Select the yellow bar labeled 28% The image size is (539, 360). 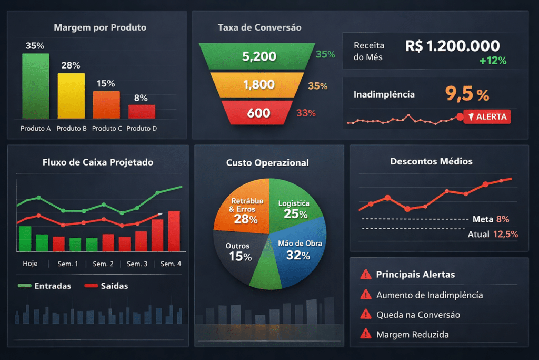coord(71,96)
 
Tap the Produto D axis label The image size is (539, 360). coord(142,128)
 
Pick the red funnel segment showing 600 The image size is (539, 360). coord(258,113)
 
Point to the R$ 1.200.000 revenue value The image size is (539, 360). coord(453,46)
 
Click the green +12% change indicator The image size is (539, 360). coord(493,61)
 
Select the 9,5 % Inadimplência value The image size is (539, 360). coord(467,94)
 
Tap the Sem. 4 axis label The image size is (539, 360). coord(171,264)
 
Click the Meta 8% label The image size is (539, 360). coord(491,219)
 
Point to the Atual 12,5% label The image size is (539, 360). coord(493,234)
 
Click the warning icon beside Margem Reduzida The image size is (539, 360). coord(364,334)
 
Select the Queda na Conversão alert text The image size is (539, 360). coord(418,315)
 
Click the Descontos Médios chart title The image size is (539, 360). coord(431,161)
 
